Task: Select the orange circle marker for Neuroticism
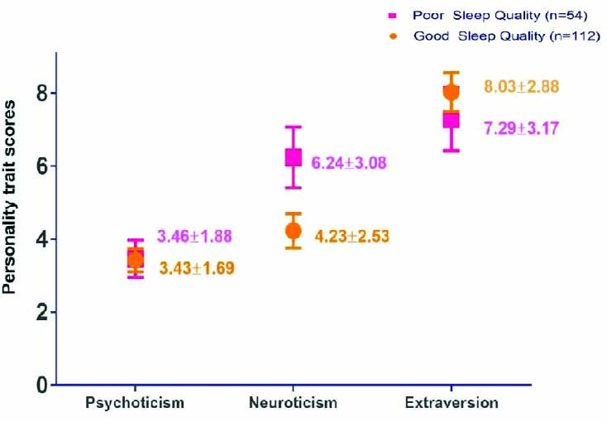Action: coord(293,230)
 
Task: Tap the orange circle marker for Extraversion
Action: coord(451,92)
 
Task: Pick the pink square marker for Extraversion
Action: coord(452,120)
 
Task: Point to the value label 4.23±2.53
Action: coord(351,237)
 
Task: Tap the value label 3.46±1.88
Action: coord(194,237)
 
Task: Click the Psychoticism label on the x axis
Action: coord(134,403)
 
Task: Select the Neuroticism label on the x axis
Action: coord(293,403)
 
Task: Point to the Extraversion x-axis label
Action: coord(452,403)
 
